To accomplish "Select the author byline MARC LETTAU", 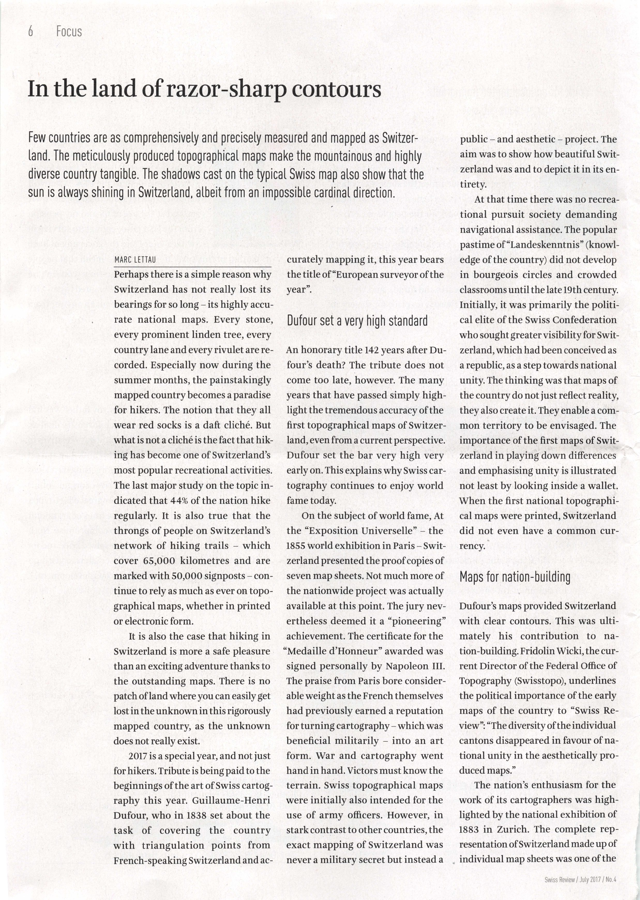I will click(135, 260).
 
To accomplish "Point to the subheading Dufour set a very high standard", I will click(357, 321).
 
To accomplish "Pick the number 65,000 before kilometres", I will click(157, 561).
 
